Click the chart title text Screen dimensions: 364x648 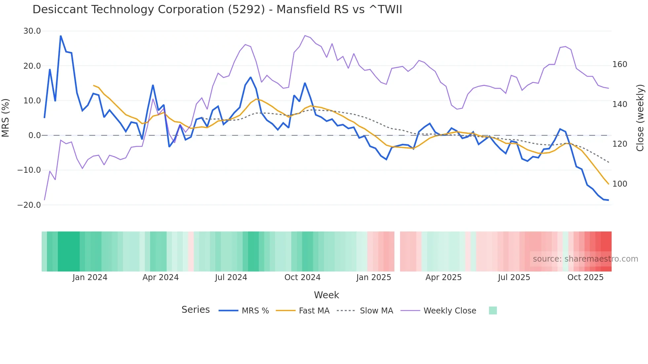point(217,10)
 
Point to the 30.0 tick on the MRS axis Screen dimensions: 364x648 point(32,31)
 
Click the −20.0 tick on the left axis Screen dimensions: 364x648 point(29,205)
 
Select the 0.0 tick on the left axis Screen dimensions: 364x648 point(35,135)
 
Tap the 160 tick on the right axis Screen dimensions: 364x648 point(620,64)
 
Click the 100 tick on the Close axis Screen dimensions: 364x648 point(620,184)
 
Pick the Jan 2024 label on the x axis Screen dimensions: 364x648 point(90,277)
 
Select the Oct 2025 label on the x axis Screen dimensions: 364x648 point(585,277)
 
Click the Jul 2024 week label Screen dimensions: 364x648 point(231,277)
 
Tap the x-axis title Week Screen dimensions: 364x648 point(326,295)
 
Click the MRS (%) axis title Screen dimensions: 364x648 point(6,118)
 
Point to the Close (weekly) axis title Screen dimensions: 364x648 point(640,118)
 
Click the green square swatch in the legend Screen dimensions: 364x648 point(493,310)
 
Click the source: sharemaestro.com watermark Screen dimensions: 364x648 point(585,259)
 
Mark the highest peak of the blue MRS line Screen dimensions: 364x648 point(61,36)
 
